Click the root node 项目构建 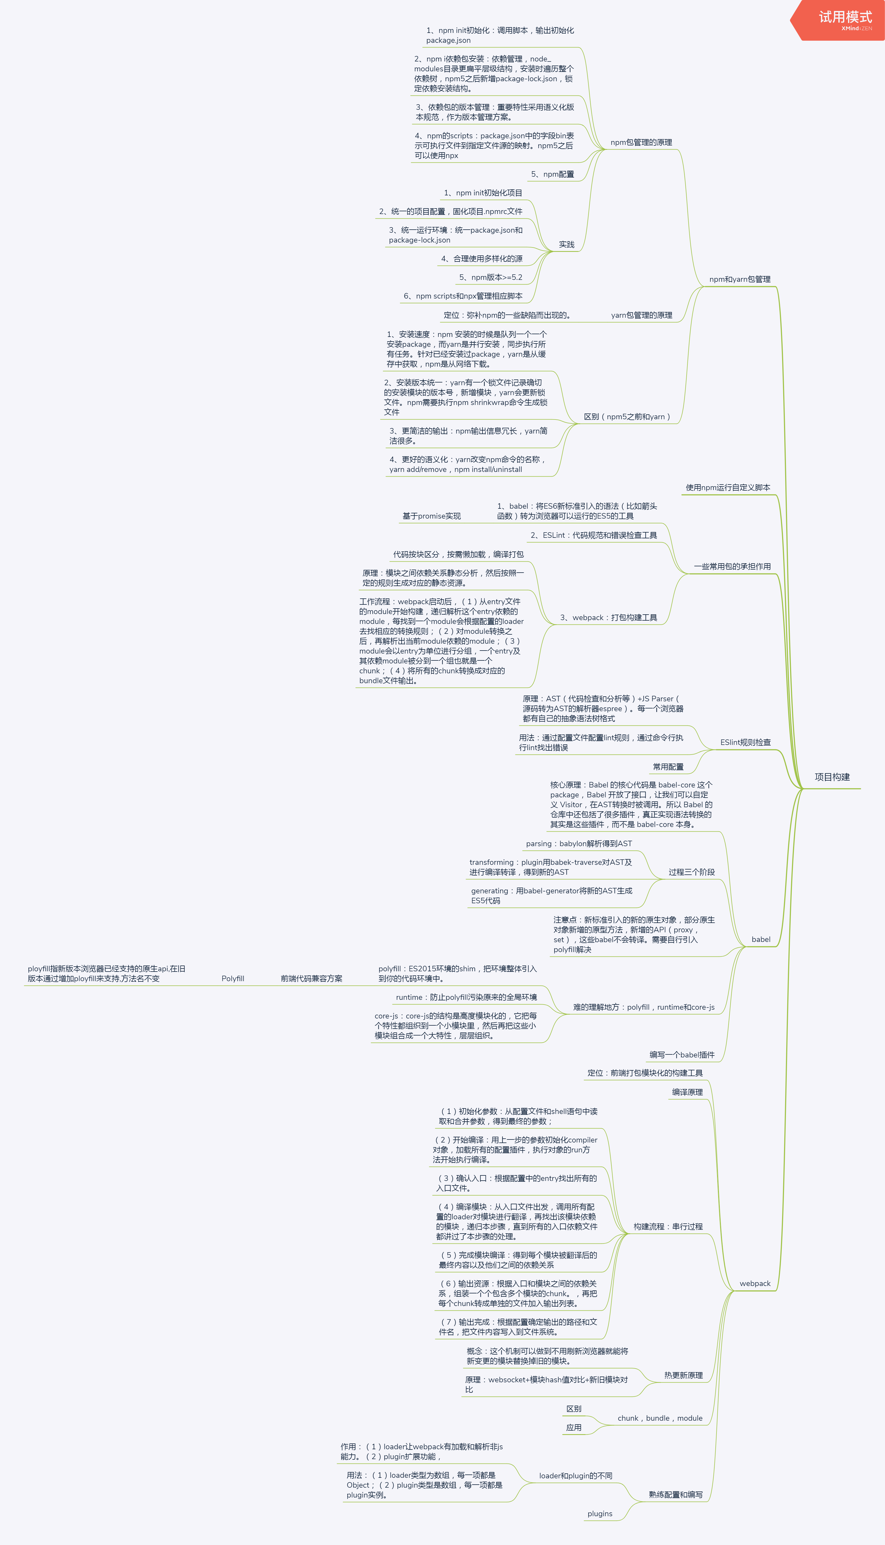(831, 777)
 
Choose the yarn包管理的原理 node (641, 315)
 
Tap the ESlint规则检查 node (745, 742)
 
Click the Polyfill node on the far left (233, 979)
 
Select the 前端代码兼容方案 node (311, 979)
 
